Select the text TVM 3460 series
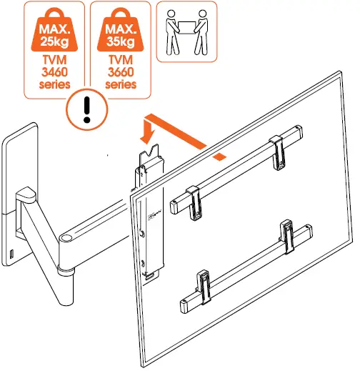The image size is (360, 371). coord(56,70)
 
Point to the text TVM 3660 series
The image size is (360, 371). coord(121,70)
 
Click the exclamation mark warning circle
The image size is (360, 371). coord(86,112)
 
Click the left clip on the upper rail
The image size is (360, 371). coord(192,198)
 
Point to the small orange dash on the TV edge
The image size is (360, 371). coord(222,154)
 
